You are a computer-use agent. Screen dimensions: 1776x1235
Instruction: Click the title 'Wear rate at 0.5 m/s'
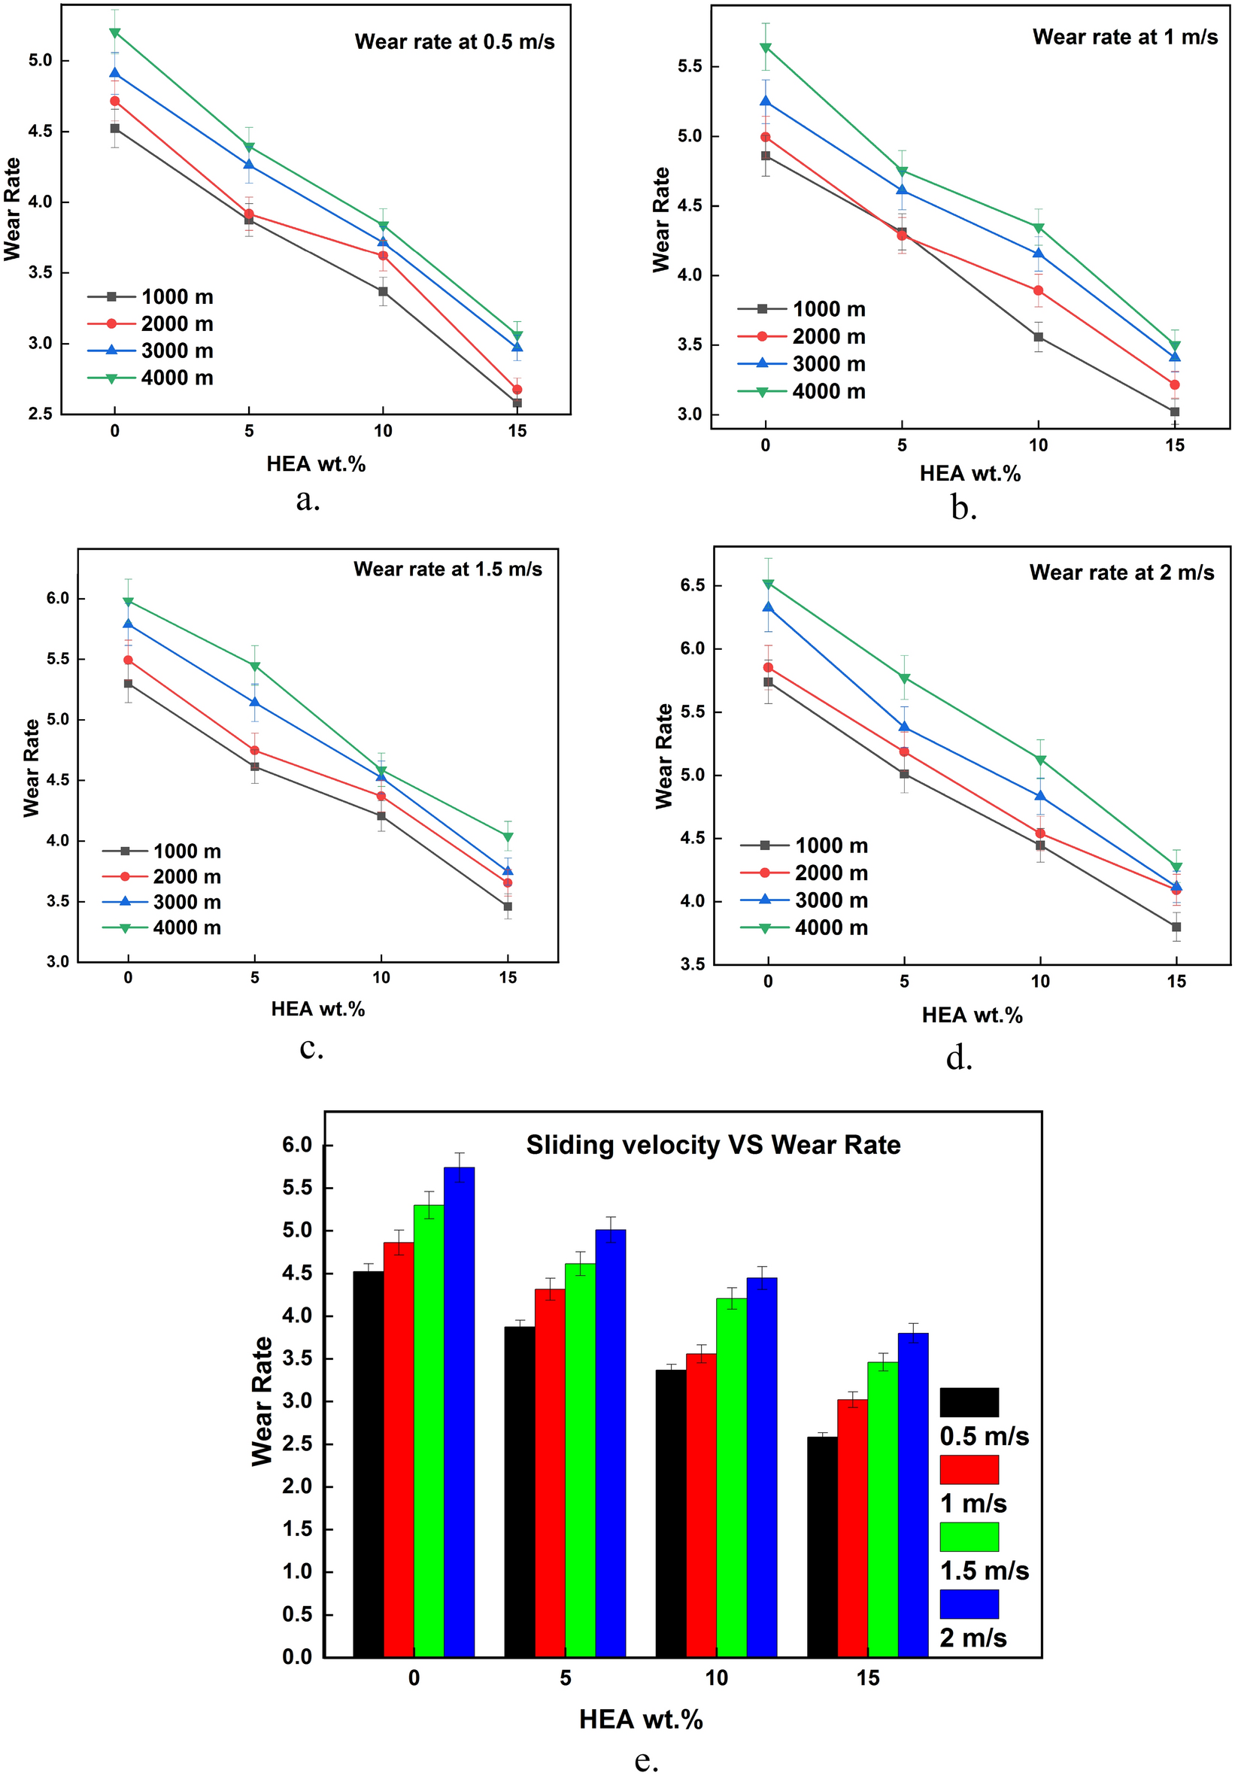tap(454, 42)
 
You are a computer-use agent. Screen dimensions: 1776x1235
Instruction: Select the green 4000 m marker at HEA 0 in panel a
tap(114, 32)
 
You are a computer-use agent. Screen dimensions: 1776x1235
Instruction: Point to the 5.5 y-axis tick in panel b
tap(690, 66)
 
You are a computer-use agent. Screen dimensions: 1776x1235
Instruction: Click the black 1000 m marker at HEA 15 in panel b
tap(1174, 412)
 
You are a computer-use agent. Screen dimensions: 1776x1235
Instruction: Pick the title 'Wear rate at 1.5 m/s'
tap(448, 569)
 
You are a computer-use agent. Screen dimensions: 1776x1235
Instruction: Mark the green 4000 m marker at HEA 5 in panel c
tap(254, 666)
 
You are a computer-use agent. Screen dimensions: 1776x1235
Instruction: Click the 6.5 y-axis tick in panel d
tap(692, 585)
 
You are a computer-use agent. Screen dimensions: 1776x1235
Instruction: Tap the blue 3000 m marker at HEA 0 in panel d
tap(767, 607)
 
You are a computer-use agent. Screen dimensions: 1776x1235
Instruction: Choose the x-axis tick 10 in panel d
tap(1040, 982)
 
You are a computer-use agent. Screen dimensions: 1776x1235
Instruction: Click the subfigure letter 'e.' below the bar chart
tap(646, 1759)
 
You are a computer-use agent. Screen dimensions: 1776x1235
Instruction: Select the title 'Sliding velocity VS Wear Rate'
tap(713, 1145)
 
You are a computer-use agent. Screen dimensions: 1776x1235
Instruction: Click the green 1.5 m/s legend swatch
tap(968, 1537)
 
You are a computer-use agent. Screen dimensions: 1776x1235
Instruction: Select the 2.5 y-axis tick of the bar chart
tap(296, 1444)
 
